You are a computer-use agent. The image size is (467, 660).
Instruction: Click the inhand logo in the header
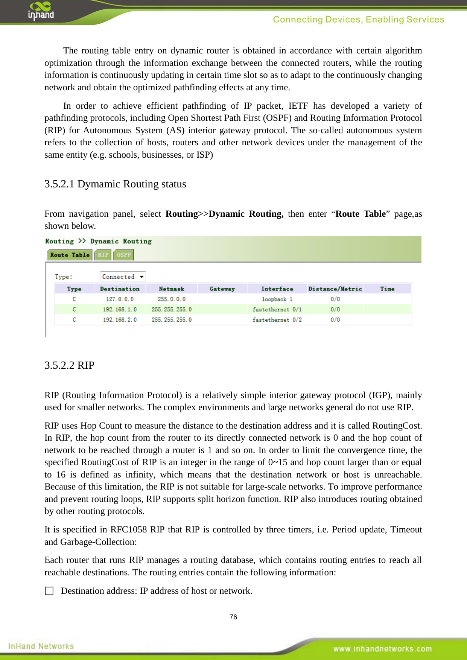pos(41,11)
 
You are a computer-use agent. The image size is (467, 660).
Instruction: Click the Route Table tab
pos(70,255)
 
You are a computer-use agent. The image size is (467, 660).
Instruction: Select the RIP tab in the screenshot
pos(103,255)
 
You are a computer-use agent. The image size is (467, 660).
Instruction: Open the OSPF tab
pos(124,255)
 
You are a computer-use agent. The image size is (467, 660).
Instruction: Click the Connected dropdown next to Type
pos(123,277)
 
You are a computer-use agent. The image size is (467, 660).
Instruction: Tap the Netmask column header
pos(171,289)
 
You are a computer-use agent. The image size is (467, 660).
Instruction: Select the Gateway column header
pos(222,289)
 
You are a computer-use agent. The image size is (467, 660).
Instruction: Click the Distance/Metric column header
pos(335,289)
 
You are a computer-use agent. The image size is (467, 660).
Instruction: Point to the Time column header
pos(387,289)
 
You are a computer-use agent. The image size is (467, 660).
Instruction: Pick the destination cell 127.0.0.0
pos(120,299)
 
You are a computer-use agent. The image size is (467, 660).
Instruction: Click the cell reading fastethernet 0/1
pos(277,309)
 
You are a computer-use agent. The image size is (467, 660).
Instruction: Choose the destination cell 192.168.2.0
pos(120,319)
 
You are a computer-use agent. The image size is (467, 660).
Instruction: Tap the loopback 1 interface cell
pos(277,299)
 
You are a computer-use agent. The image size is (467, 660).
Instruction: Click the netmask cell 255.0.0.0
pos(171,299)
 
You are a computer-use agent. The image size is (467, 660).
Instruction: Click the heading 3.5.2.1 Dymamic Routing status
pos(115,184)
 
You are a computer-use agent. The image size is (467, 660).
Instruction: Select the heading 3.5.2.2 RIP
pos(69,365)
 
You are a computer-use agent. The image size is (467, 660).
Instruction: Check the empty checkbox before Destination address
pos(49,591)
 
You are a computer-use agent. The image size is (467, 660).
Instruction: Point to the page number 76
pos(233,617)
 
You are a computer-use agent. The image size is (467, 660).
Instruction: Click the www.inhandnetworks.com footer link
pos(382,649)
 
